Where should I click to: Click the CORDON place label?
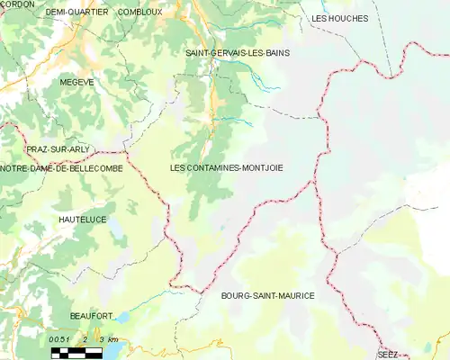tap(17, 4)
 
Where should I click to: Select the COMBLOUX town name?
tap(139, 13)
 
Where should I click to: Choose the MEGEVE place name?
tap(76, 82)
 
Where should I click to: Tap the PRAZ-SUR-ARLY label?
tap(57, 148)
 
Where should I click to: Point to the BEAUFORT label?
tap(91, 316)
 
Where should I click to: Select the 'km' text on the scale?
tap(112, 341)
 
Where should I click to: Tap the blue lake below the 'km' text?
tap(112, 354)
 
